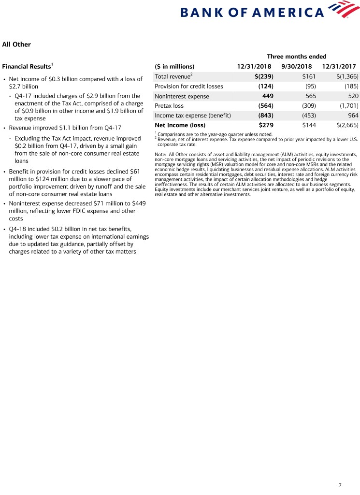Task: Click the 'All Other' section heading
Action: click(16, 44)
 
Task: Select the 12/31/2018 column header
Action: click(254, 66)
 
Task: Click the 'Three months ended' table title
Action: click(296, 57)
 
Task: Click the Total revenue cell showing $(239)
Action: click(264, 76)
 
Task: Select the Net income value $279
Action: click(266, 125)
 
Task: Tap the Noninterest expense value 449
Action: click(268, 96)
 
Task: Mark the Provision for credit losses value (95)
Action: click(307, 86)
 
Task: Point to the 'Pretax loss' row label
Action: click(169, 105)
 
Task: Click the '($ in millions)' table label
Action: click(174, 66)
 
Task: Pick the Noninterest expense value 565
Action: click(308, 96)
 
